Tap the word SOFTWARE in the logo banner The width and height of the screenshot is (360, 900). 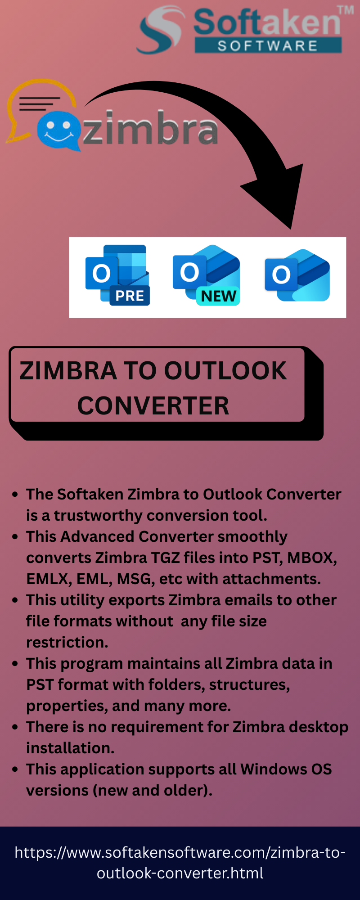click(x=268, y=45)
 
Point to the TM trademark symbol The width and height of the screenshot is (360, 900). click(x=346, y=10)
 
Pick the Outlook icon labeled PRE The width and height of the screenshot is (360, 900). click(x=117, y=275)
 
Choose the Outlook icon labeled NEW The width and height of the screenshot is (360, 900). click(x=207, y=275)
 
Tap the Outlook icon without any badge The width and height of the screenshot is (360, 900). click(x=297, y=275)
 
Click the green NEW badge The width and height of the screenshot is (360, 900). click(x=218, y=296)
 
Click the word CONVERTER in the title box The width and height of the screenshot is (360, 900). click(x=153, y=406)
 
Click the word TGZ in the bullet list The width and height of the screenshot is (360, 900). click(x=165, y=558)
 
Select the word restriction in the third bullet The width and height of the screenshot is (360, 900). click(x=67, y=642)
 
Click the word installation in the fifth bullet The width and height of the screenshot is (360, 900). click(x=70, y=748)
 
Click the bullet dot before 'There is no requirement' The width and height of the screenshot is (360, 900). click(x=15, y=727)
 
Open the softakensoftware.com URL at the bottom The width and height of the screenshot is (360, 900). click(x=180, y=863)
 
